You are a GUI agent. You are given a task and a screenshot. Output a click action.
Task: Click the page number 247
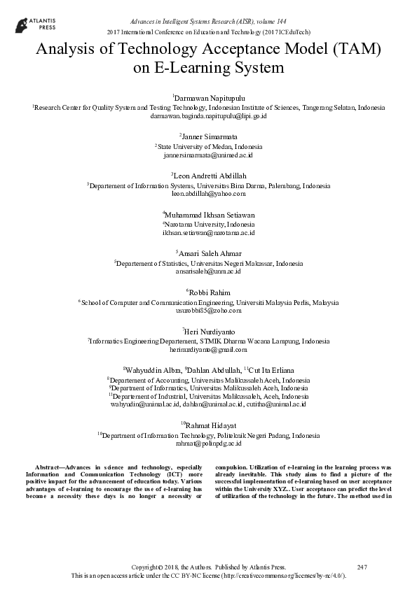coord(362,566)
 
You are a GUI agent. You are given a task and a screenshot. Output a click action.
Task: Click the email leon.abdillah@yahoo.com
coord(208,194)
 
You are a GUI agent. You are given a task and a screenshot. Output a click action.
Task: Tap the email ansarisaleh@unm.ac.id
coord(208,271)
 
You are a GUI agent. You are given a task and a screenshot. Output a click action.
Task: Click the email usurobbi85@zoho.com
coord(208,311)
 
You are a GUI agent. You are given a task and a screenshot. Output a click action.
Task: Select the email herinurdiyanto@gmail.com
coord(208,349)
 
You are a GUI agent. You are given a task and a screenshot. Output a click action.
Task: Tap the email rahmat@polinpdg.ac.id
coord(208,443)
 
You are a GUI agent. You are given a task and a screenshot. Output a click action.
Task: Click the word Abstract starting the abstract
coord(50,465)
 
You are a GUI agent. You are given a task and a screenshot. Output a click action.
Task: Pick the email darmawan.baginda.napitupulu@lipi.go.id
coord(208,117)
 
